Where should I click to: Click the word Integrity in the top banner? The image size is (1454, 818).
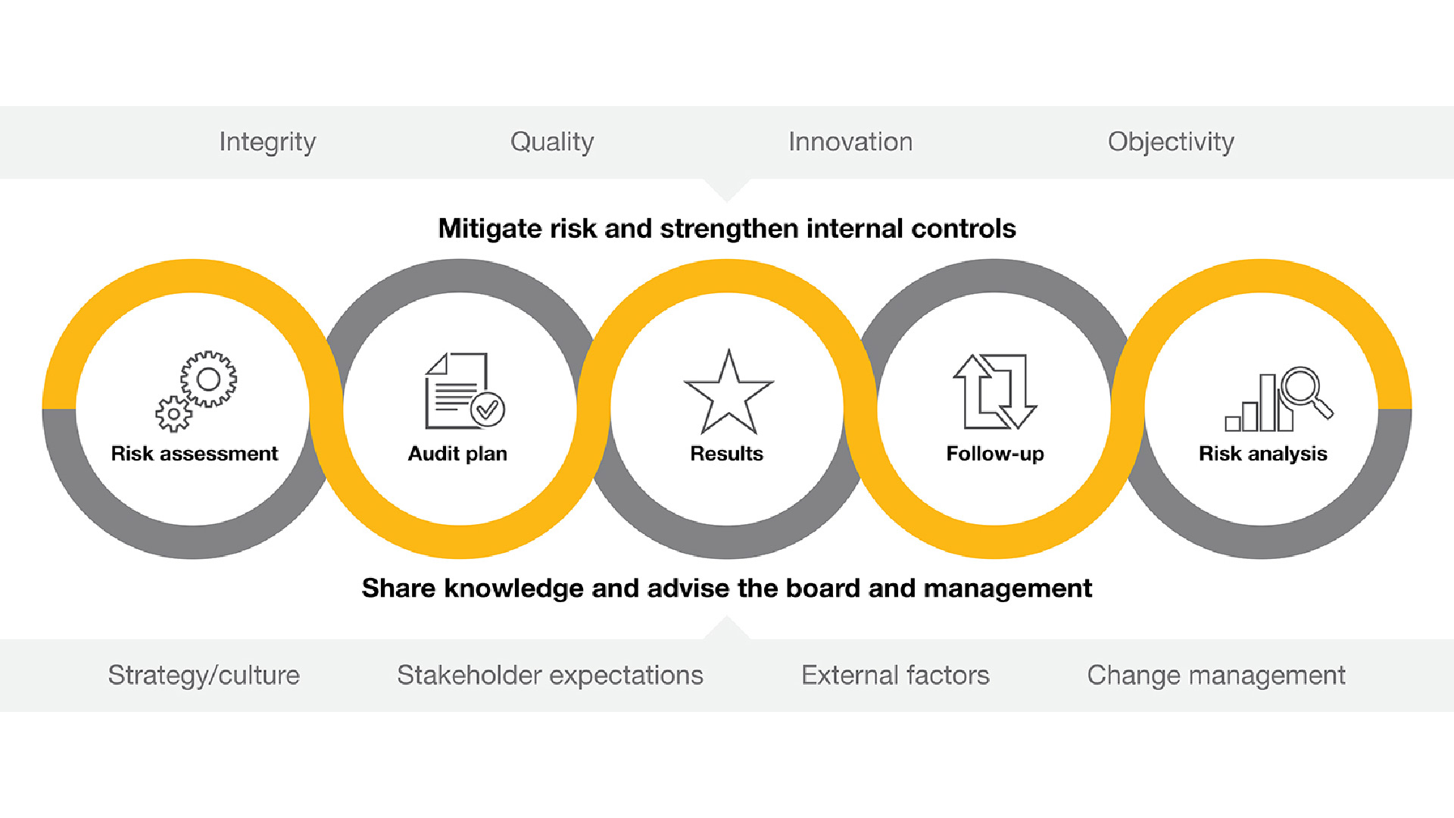click(x=267, y=142)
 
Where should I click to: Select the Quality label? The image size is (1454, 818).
click(x=552, y=142)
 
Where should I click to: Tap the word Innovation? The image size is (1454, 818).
click(x=850, y=142)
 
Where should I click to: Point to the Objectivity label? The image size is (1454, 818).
click(x=1171, y=142)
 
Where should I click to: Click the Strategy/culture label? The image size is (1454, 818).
click(x=204, y=675)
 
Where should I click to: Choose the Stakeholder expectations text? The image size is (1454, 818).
click(x=550, y=675)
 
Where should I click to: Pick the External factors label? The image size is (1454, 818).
click(x=895, y=675)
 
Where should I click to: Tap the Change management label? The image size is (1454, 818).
click(x=1216, y=675)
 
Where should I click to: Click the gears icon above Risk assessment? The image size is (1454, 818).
click(x=196, y=391)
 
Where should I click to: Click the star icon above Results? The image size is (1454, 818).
click(x=729, y=392)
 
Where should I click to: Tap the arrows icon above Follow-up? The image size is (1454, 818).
click(x=994, y=391)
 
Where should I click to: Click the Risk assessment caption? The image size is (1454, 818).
click(x=195, y=454)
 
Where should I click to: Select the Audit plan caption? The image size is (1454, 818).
click(x=457, y=454)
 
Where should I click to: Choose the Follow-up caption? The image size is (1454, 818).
click(x=995, y=454)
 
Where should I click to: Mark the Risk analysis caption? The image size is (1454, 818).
click(x=1263, y=454)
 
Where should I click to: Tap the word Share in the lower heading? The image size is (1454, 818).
click(x=398, y=588)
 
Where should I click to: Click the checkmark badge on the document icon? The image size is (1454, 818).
click(x=488, y=410)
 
